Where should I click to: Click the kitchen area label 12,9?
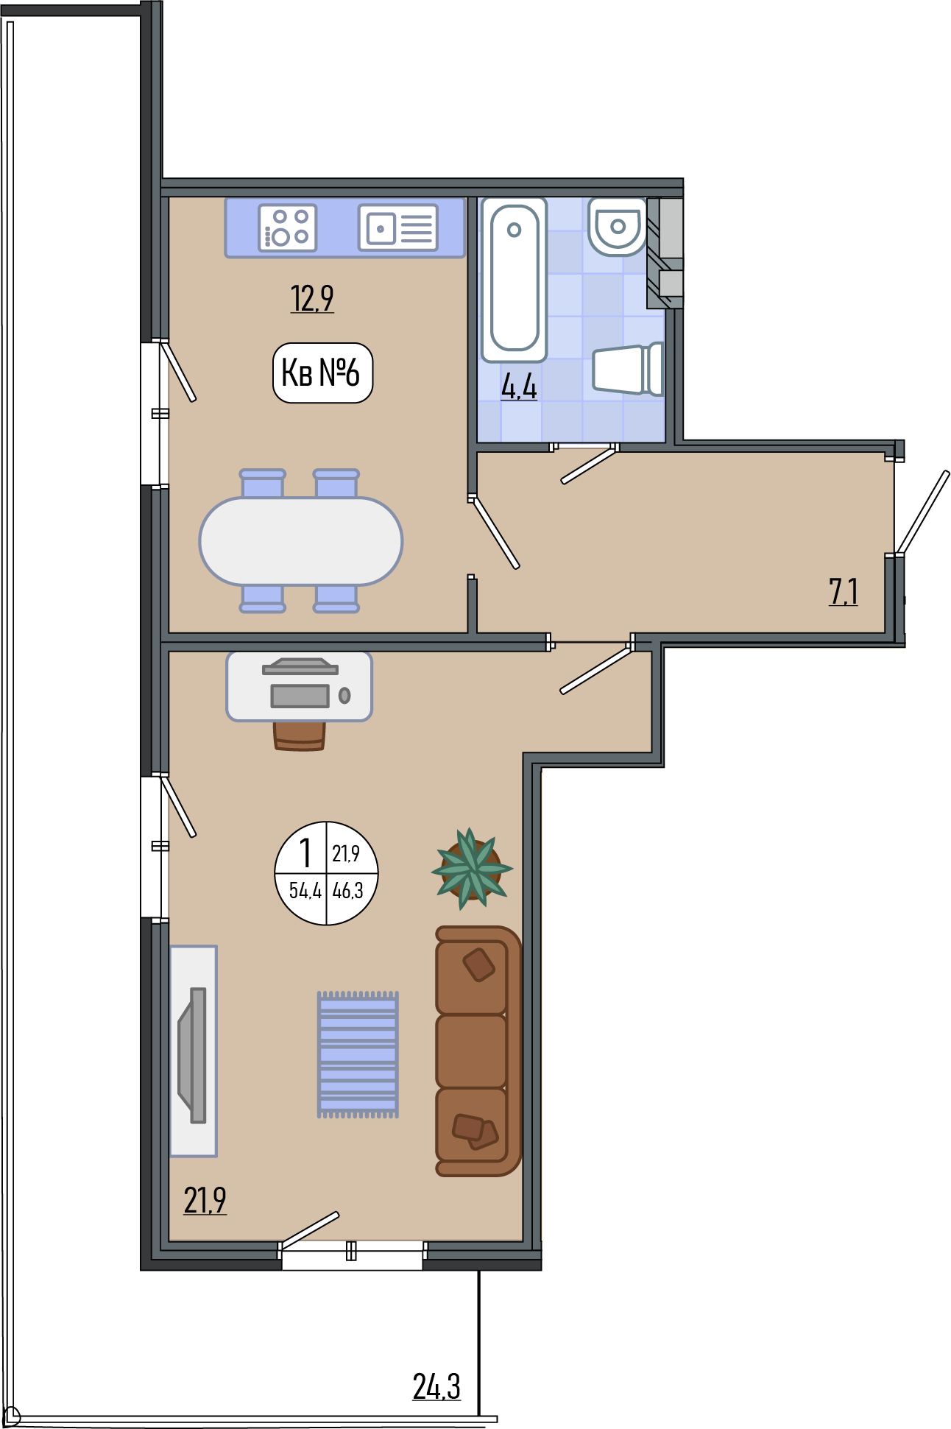[312, 298]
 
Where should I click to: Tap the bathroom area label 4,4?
[519, 386]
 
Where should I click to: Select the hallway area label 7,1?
[844, 591]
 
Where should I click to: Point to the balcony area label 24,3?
[436, 1386]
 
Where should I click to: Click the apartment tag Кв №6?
[322, 373]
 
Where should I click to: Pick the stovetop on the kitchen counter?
[288, 227]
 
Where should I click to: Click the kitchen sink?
[398, 227]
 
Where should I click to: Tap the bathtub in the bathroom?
[515, 280]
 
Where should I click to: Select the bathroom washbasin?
[617, 226]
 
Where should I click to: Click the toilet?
[628, 369]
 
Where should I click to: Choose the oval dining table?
[301, 541]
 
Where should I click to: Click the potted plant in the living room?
[472, 869]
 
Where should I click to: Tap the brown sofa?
[478, 1051]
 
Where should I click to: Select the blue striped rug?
[358, 1054]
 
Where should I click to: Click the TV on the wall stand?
[193, 1055]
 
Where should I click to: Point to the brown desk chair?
[299, 735]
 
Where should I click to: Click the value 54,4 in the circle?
[305, 891]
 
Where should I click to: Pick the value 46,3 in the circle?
[348, 891]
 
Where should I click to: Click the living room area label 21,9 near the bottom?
[205, 1201]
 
